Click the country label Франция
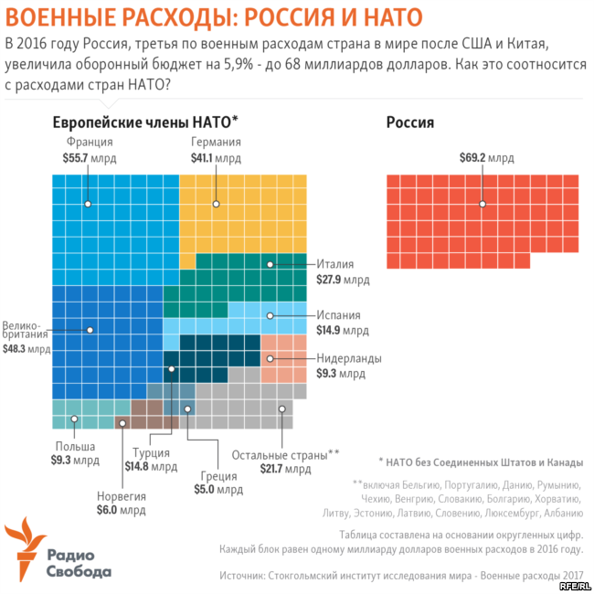point(89,143)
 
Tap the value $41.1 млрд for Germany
point(215,158)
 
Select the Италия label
point(334,264)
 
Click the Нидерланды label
point(349,358)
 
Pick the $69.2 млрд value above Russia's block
point(487,158)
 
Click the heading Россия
point(409,122)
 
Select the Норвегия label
point(122,496)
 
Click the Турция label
point(151,451)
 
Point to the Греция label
point(218,476)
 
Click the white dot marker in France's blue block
point(88,204)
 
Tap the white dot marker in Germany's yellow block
point(215,204)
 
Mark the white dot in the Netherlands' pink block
point(270,358)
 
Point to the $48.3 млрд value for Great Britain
point(27,348)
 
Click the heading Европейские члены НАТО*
point(145,122)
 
